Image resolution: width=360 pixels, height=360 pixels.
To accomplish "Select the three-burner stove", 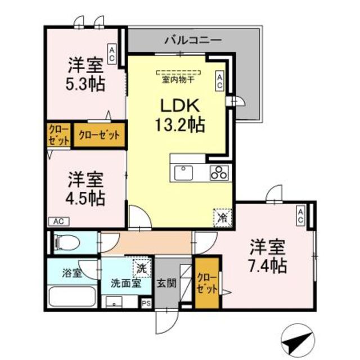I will [219, 173].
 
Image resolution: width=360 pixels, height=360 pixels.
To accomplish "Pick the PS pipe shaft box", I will [146, 303].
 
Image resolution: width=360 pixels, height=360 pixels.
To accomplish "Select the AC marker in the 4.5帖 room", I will [58, 221].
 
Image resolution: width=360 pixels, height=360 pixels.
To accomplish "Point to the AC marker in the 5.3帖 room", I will [112, 55].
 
